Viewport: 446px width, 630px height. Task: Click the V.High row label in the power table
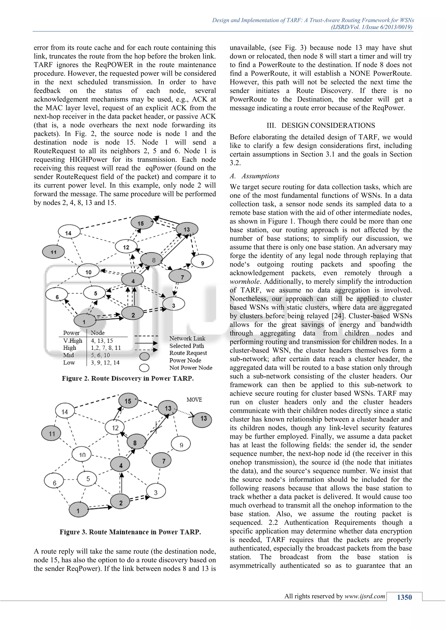pyautogui.click(x=73, y=340)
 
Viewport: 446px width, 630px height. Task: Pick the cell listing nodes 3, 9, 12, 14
pyautogui.click(x=105, y=362)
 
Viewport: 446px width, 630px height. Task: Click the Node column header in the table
pyautogui.click(x=98, y=333)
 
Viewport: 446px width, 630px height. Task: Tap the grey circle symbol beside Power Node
pyautogui.click(x=144, y=356)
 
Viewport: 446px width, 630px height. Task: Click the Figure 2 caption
pyautogui.click(x=128, y=378)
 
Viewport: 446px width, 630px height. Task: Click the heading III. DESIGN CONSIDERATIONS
pyautogui.click(x=321, y=125)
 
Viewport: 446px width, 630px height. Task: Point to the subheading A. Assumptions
pyautogui.click(x=255, y=176)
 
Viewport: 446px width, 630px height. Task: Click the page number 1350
pyautogui.click(x=404, y=597)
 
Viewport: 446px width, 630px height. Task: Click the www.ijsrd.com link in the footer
pyautogui.click(x=365, y=596)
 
